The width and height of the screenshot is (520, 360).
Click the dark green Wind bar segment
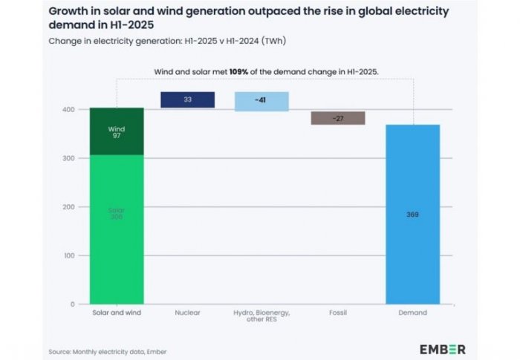(117, 131)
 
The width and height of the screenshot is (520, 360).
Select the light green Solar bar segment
(117, 252)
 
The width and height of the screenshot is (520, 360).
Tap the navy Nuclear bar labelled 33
(187, 100)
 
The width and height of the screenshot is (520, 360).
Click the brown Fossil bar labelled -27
(338, 118)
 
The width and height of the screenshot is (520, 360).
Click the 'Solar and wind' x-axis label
(117, 313)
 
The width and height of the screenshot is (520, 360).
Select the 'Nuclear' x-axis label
(187, 313)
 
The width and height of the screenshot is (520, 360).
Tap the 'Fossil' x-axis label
(338, 313)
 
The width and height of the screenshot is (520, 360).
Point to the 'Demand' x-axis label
(412, 313)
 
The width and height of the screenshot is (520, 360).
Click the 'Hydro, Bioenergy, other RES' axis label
(261, 317)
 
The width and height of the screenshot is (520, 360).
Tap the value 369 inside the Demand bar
(412, 214)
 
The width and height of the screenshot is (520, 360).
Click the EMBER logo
(443, 349)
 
